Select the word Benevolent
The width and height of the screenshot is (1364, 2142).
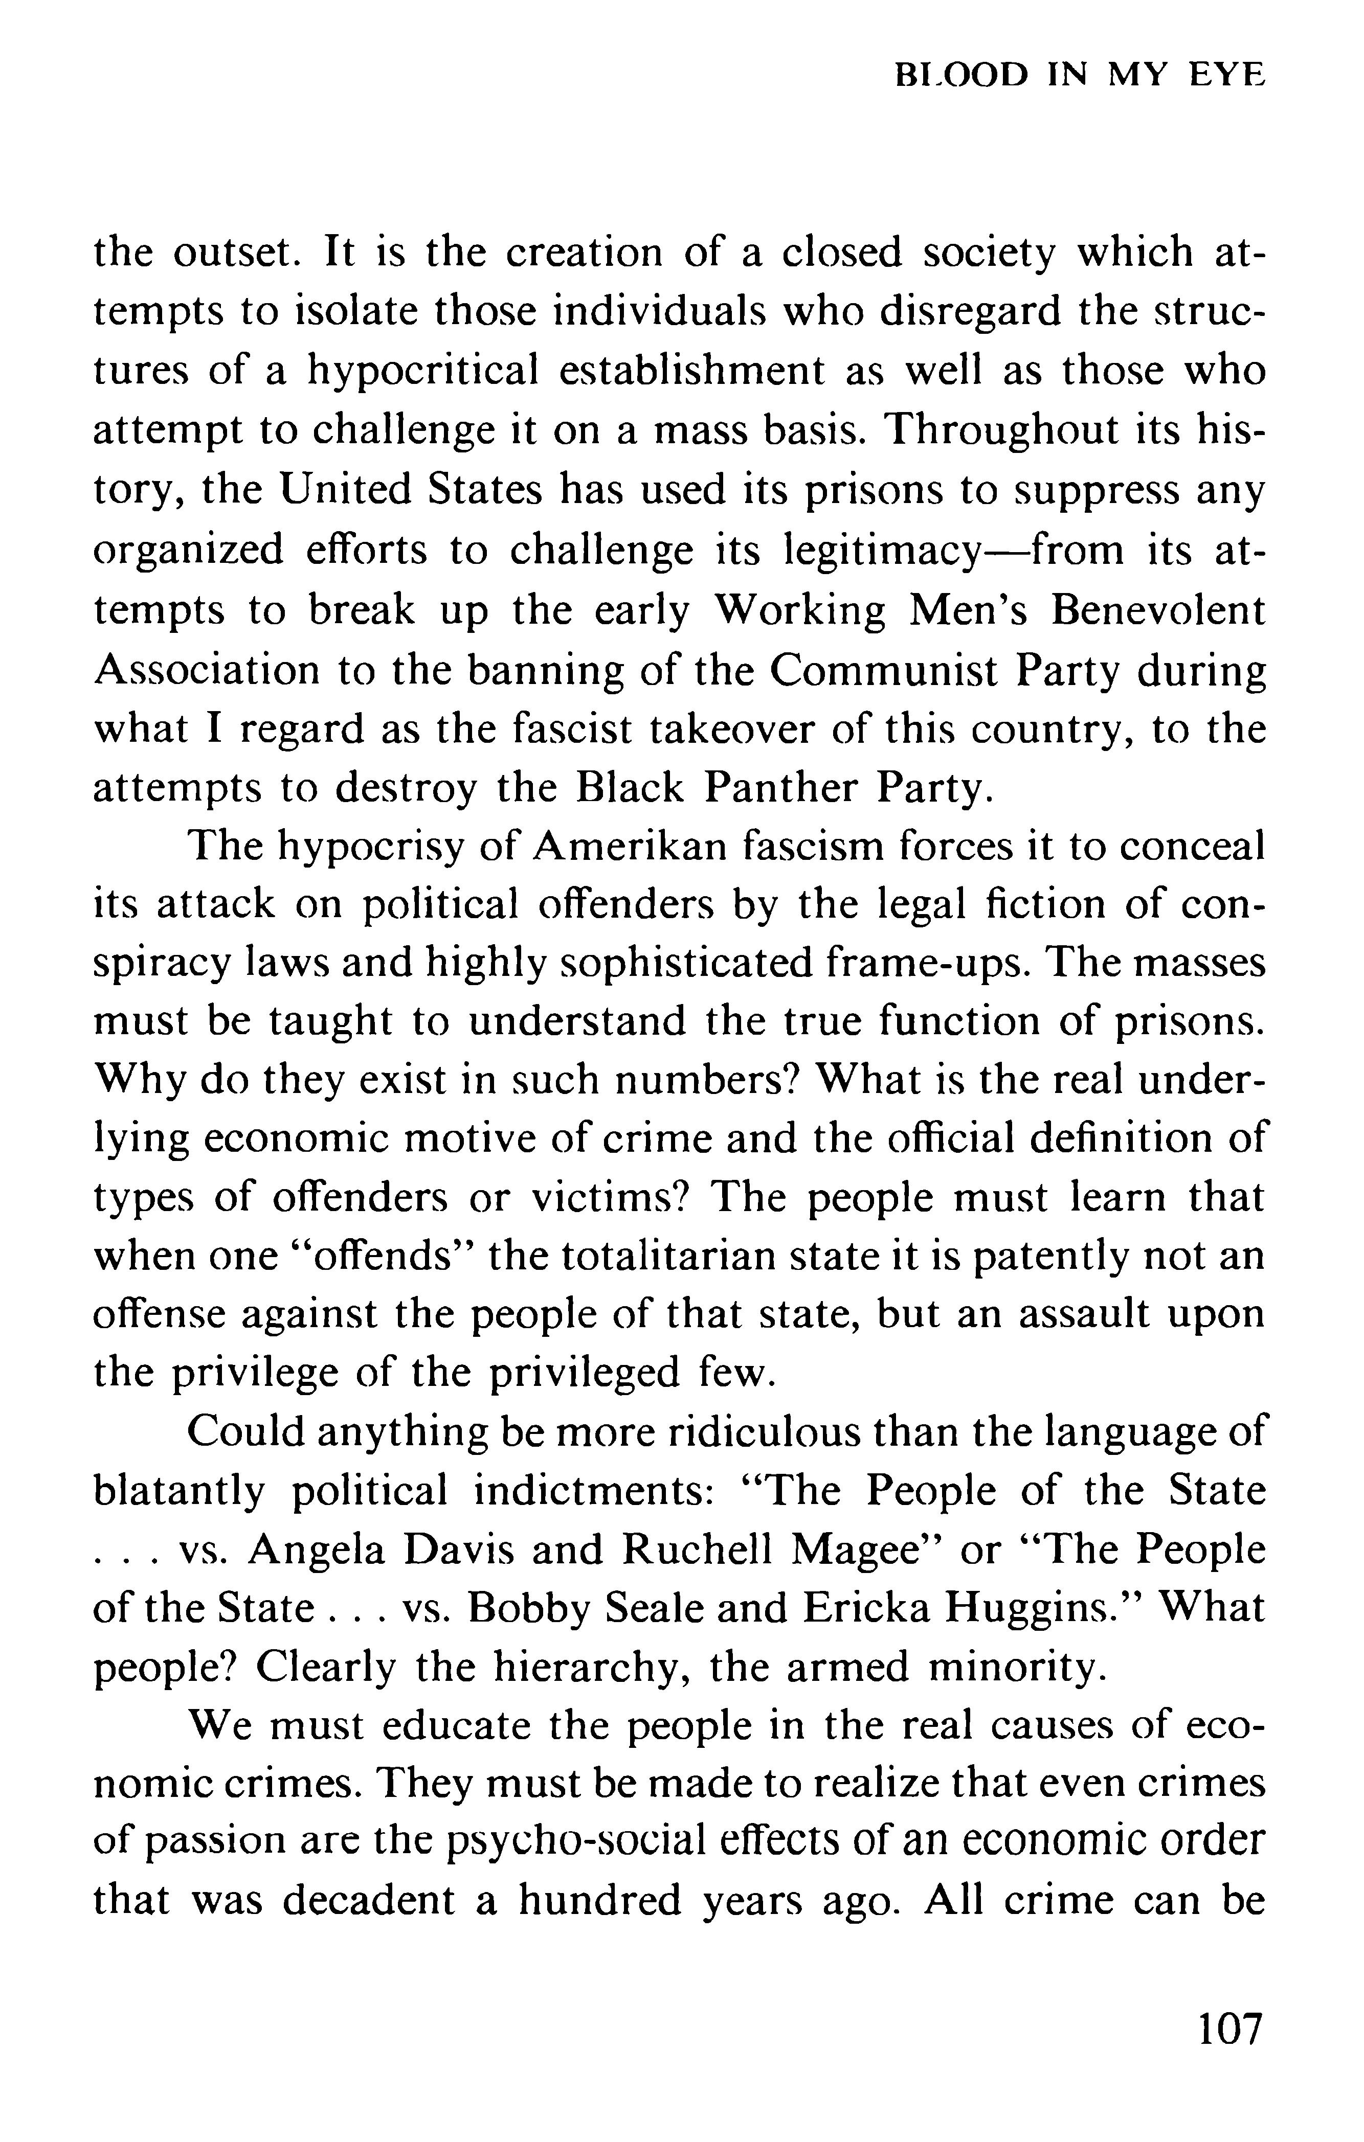click(1157, 611)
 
